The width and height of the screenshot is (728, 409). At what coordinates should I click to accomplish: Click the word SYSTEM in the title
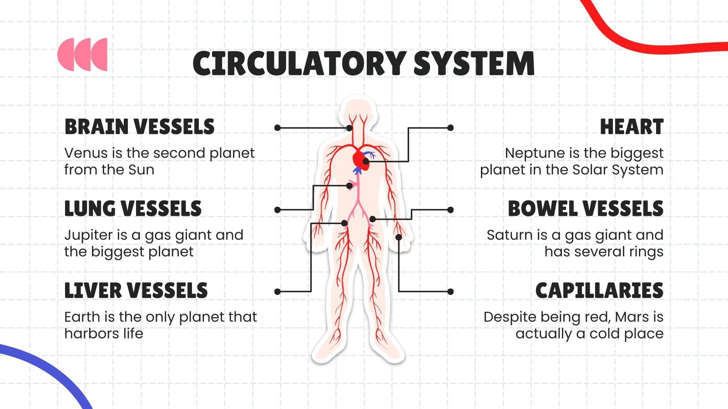coord(474,64)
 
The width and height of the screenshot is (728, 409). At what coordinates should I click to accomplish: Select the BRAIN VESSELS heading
coord(139,127)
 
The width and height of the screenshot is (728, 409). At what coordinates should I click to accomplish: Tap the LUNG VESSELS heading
coord(133,209)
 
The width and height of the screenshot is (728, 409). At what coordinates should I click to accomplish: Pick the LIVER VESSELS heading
coord(136,290)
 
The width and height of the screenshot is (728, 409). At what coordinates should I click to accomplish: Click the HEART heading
coord(632,127)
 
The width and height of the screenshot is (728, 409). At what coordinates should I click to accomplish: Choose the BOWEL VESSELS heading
coord(586,209)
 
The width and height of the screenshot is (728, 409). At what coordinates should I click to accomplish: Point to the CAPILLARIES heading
coord(599,290)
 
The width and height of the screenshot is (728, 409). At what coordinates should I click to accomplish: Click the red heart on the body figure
coord(359,159)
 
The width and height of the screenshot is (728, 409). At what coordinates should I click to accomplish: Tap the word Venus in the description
coord(86,153)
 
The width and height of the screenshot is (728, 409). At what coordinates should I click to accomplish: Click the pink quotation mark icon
coord(82,55)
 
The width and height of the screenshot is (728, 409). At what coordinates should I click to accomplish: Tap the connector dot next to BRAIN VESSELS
coord(278,128)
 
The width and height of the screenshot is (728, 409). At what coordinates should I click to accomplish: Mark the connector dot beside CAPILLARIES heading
coord(450,292)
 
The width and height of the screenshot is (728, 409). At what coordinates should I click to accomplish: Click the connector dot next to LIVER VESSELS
coord(278,292)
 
